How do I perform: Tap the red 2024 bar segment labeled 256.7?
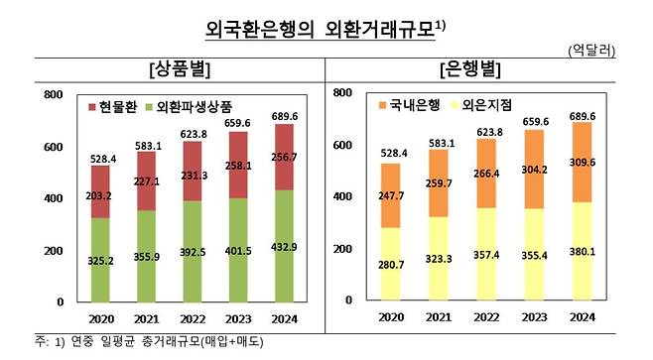point(284,157)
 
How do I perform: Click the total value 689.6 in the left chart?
point(284,115)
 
